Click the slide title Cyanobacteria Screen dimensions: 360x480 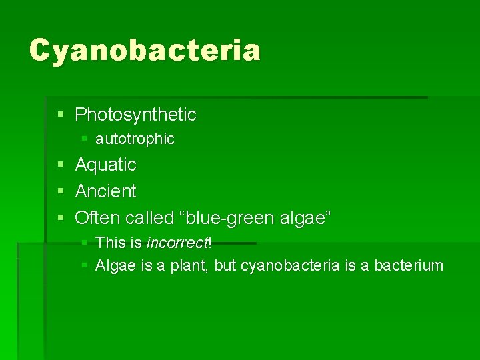(145, 50)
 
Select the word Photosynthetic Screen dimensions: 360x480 (136, 115)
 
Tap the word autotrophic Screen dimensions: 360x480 (135, 139)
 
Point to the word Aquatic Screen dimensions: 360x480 (106, 164)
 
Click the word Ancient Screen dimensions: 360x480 (106, 191)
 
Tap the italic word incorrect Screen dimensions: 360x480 (177, 242)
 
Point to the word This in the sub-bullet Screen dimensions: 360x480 (109, 242)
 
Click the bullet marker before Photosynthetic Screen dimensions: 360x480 (61, 115)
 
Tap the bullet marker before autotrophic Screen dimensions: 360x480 (83, 139)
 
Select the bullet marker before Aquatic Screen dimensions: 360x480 (61, 165)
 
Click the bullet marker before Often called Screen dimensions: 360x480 (61, 218)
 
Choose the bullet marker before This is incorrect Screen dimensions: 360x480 (83, 243)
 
